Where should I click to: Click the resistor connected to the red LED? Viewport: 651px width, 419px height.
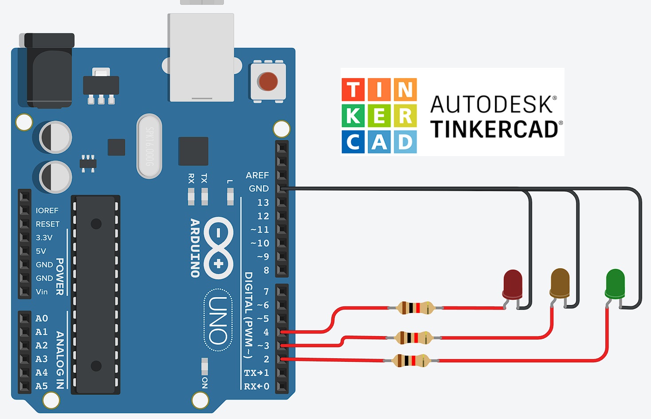pyautogui.click(x=415, y=308)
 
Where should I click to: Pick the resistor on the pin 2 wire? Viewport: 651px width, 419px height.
pyautogui.click(x=412, y=360)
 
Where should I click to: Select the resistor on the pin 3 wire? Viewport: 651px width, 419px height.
pyautogui.click(x=413, y=338)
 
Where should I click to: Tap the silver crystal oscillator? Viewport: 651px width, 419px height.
pyautogui.click(x=149, y=146)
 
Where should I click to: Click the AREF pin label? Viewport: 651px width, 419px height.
pyautogui.click(x=257, y=176)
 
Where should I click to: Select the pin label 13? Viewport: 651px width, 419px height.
pyautogui.click(x=263, y=203)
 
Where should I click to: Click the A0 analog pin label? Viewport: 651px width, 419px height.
pyautogui.click(x=42, y=318)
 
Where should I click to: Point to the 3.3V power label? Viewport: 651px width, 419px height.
pyautogui.click(x=44, y=238)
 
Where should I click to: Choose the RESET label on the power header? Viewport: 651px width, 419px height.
pyautogui.click(x=47, y=224)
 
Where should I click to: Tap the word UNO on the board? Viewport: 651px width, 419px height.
pyautogui.click(x=218, y=320)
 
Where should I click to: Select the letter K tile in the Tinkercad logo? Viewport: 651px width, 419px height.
pyautogui.click(x=353, y=116)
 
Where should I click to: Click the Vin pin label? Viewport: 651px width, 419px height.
pyautogui.click(x=42, y=292)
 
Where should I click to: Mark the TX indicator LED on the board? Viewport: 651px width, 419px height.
pyautogui.click(x=204, y=195)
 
